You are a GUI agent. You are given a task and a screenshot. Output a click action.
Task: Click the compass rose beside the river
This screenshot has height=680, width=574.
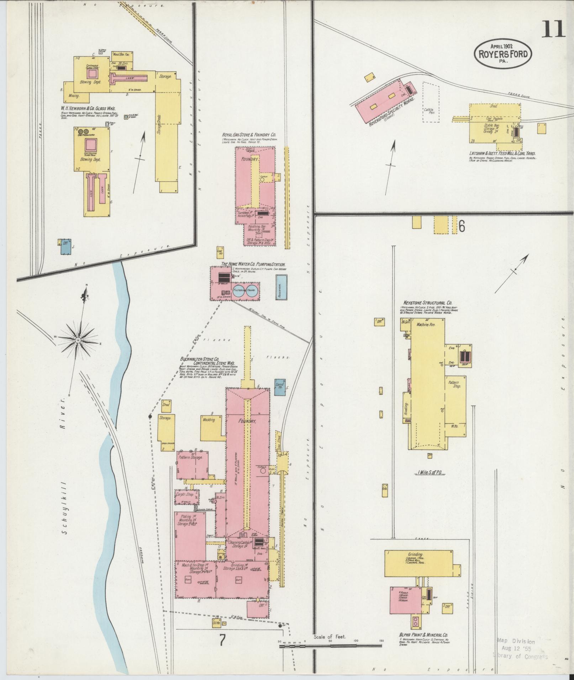click(78, 340)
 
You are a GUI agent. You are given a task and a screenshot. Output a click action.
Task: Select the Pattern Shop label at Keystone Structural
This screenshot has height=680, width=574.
click(454, 384)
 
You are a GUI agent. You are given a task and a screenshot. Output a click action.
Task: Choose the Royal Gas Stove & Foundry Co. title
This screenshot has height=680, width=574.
click(249, 135)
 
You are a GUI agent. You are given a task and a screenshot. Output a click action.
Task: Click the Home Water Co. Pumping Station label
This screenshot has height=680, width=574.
click(253, 264)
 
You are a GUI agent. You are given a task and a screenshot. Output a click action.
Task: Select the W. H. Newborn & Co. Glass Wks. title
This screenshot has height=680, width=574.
click(90, 109)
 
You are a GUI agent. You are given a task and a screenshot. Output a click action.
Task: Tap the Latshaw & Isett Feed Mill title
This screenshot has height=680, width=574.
click(502, 154)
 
